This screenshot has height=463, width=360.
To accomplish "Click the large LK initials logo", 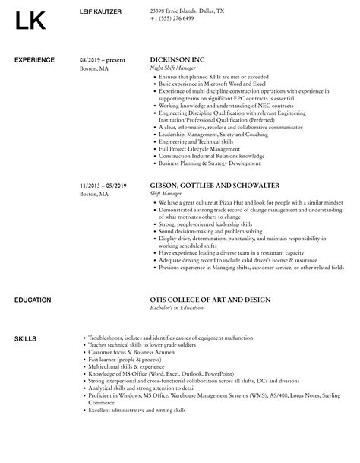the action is coord(36,23).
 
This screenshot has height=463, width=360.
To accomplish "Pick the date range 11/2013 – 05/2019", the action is coord(103,185).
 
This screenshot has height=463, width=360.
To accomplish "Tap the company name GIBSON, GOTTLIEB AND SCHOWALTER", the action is coord(205,185).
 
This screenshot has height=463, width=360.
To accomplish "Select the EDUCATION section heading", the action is coord(33,279).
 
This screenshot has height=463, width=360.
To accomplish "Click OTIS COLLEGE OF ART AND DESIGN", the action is coord(210,279).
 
